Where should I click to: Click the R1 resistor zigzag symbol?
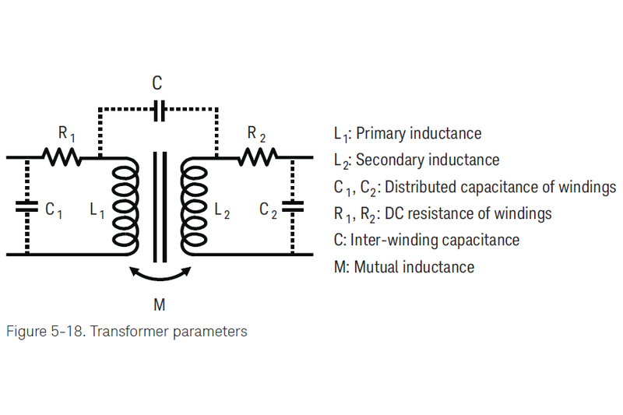62,157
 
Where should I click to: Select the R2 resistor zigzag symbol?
258,157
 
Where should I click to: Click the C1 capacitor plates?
27,206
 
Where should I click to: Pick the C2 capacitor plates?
293,206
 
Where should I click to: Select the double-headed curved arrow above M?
160,274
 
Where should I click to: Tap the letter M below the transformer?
160,303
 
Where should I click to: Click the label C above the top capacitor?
157,83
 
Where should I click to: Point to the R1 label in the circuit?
65,135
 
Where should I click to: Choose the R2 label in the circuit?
256,135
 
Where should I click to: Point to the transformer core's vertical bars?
160,206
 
